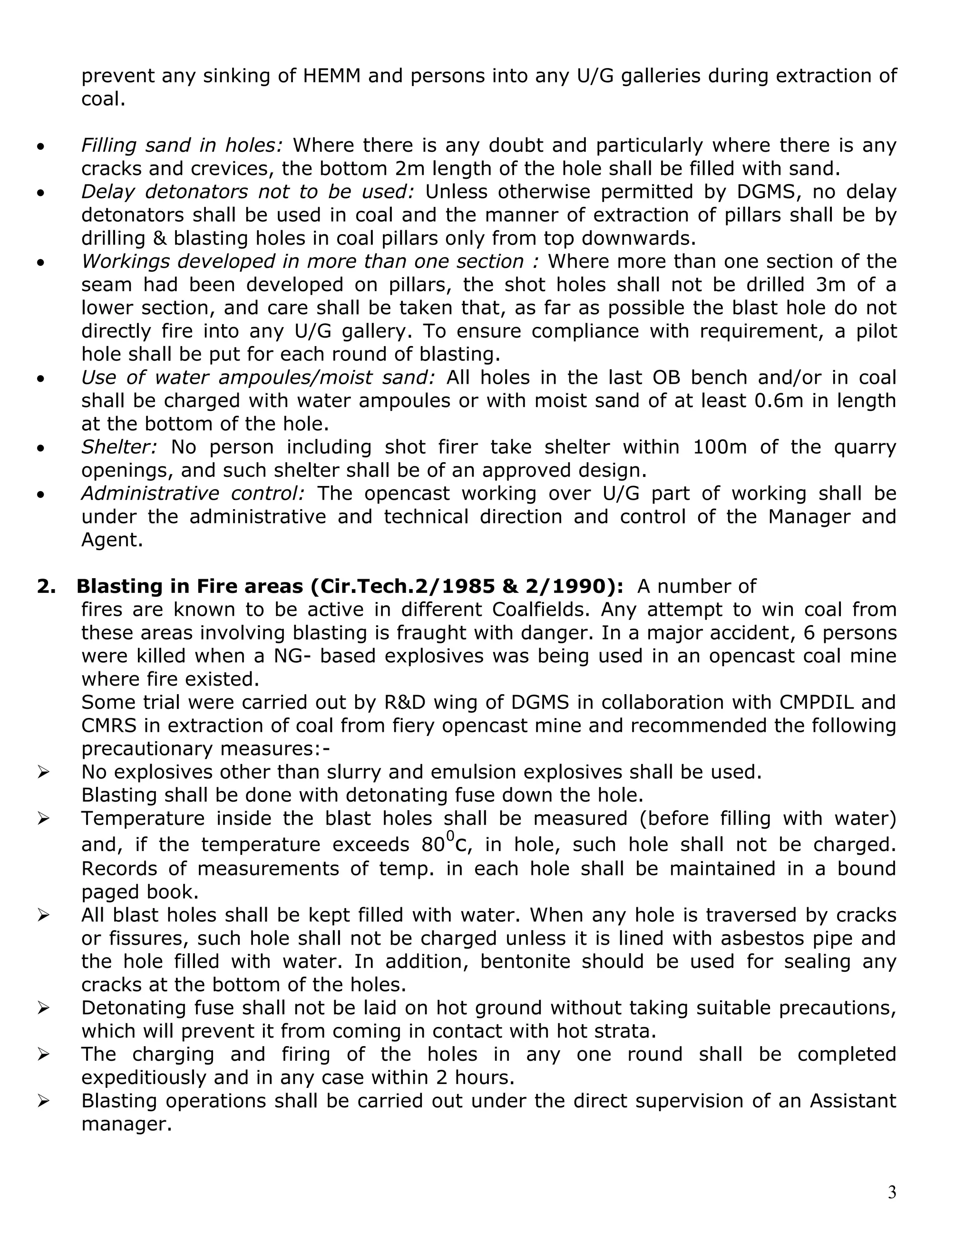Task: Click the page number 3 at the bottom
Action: click(x=892, y=1192)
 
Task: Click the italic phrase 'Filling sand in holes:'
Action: click(x=182, y=145)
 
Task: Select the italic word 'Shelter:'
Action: click(x=118, y=446)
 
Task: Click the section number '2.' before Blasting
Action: click(x=47, y=586)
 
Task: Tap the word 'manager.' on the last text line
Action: click(x=127, y=1124)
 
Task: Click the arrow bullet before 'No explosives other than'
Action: click(x=43, y=772)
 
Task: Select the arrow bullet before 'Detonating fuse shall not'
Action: click(x=43, y=1008)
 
